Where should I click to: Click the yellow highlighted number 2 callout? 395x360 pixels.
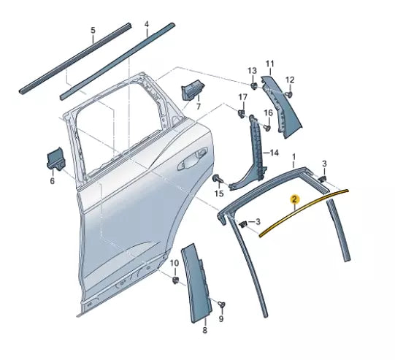point(294,199)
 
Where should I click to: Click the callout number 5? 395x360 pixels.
point(93,30)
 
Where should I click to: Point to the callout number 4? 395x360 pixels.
point(147,24)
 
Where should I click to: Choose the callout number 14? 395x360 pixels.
point(273,153)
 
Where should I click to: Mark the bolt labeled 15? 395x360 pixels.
point(218,178)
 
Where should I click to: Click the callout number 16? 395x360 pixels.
point(267,112)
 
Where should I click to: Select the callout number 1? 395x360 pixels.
point(294,157)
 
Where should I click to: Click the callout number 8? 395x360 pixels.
point(204,330)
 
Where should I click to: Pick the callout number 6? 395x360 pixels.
point(52,181)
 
